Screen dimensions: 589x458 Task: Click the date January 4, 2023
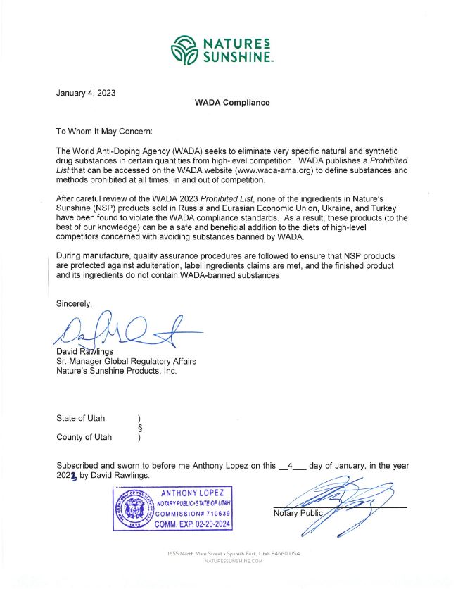[86, 92]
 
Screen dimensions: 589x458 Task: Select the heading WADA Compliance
[231, 103]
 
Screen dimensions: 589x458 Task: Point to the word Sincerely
[74, 303]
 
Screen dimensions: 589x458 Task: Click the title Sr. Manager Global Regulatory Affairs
[126, 361]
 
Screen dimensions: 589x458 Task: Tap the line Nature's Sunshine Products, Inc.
[116, 371]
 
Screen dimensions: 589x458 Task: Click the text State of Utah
[81, 418]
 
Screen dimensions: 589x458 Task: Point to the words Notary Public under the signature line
[296, 512]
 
